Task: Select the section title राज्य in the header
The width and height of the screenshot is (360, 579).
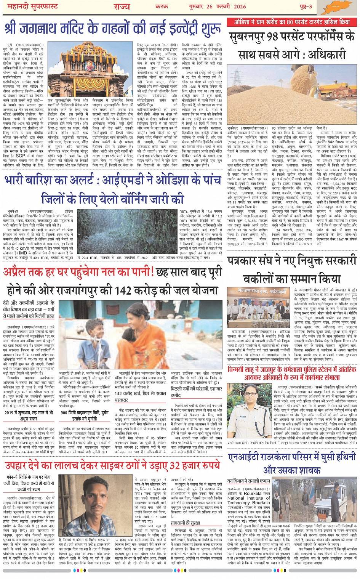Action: (122, 6)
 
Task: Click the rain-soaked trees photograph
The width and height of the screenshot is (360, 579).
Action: (128, 231)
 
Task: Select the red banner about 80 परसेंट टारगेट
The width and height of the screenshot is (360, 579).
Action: (292, 22)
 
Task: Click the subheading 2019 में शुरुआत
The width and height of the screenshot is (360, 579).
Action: (29, 413)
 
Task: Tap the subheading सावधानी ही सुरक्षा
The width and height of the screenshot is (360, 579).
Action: (185, 523)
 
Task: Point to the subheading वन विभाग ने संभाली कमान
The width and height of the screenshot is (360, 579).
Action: (248, 481)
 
